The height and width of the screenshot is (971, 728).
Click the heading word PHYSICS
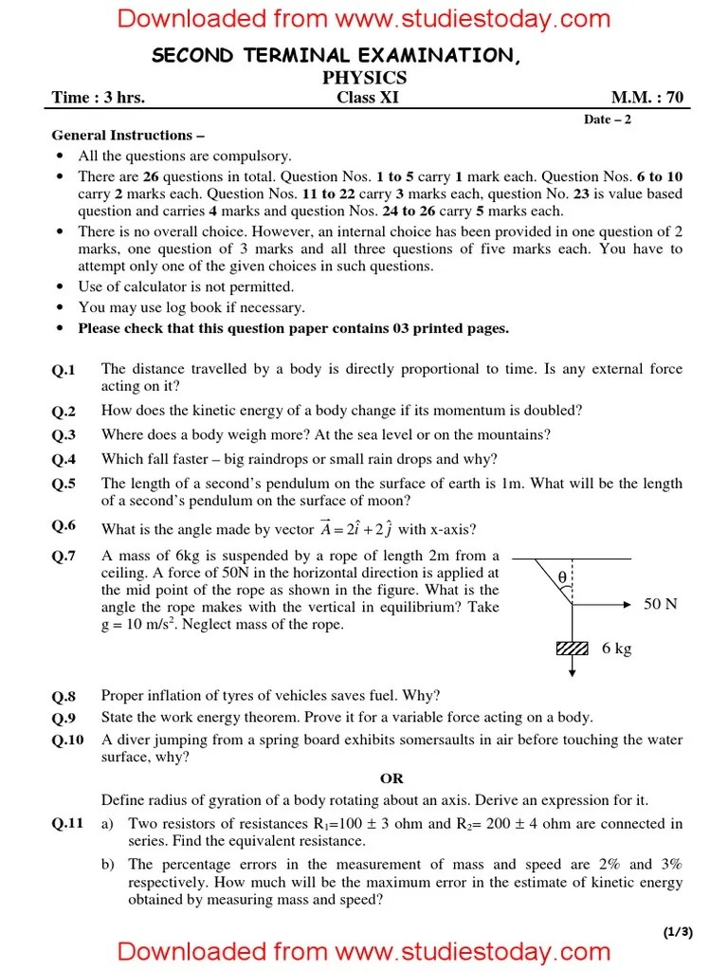coord(364,78)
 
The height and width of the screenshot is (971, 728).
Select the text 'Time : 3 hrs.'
coord(99,98)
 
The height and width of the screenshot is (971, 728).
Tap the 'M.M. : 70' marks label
coord(646,98)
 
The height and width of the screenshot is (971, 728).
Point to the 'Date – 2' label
coord(608,119)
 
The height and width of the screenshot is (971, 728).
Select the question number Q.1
coord(64,370)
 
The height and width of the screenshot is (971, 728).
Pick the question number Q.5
coord(64,484)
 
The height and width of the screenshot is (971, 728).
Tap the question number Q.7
coord(64,557)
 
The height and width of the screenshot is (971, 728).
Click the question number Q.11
coord(67,825)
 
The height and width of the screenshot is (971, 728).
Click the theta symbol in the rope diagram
coord(562,577)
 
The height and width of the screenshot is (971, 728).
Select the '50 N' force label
coord(660,604)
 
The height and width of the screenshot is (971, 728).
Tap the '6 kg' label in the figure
coord(616,649)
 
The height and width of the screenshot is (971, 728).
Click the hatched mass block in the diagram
coord(573,648)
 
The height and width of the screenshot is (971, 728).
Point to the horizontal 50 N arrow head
coord(628,603)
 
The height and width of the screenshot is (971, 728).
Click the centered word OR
coord(391,779)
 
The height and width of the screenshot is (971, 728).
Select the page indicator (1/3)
coord(678,932)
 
